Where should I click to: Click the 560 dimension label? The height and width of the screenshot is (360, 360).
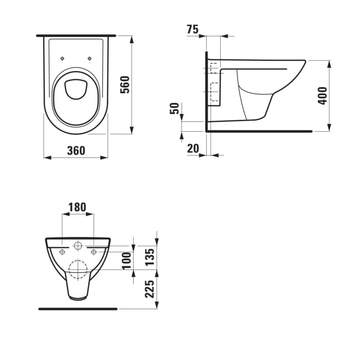[124, 84]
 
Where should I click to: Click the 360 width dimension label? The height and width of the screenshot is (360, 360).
[76, 150]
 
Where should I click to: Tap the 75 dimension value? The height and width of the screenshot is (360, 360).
[192, 30]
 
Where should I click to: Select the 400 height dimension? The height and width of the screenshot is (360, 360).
[322, 96]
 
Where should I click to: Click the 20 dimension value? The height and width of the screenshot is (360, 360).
[193, 149]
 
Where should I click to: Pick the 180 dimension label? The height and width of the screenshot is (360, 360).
[77, 207]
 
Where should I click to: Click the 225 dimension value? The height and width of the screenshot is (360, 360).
[149, 289]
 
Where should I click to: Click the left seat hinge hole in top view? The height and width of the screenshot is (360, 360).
[62, 58]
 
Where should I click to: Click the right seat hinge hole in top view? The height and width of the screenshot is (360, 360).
[89, 58]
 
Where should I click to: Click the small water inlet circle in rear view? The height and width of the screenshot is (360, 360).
[78, 245]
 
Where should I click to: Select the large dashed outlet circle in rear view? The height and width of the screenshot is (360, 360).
[78, 269]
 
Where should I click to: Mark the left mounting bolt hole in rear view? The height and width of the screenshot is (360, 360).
[62, 251]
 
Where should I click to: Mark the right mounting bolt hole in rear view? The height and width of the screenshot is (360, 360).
[94, 251]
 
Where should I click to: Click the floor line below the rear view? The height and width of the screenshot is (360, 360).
[78, 309]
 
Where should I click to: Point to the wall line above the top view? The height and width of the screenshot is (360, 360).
[76, 35]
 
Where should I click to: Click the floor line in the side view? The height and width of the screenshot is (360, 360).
[260, 131]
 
